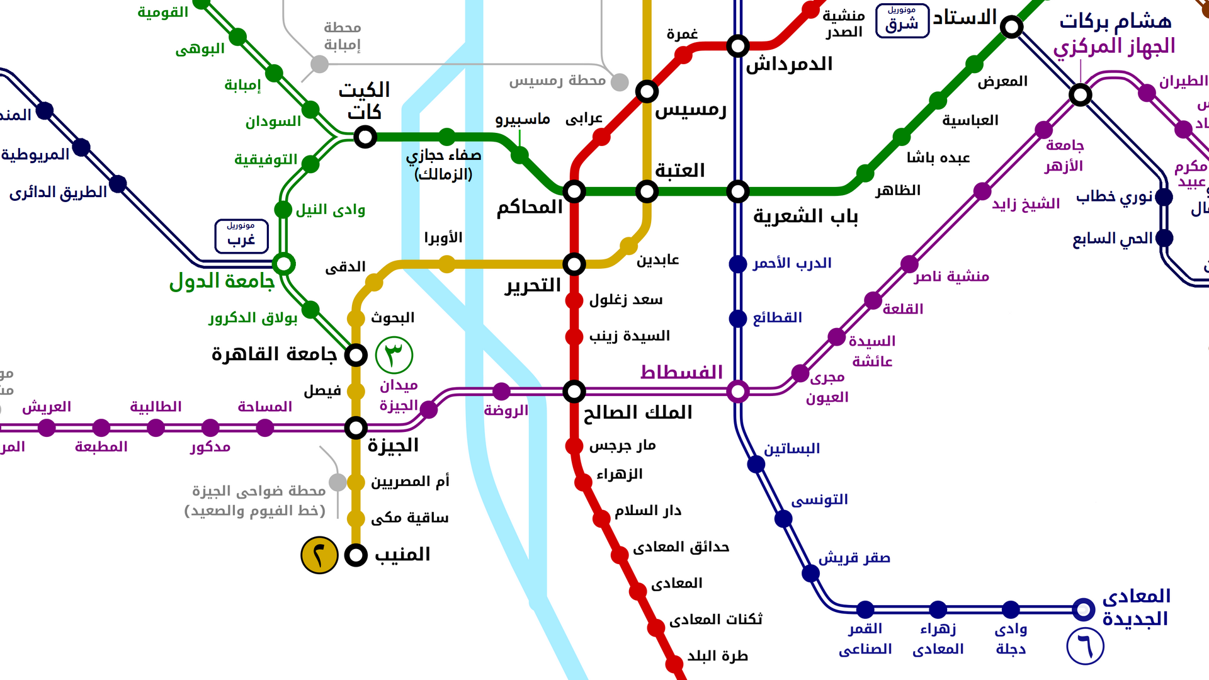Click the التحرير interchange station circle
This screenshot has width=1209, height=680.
pos(574,264)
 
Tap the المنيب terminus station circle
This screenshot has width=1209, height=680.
pos(356,555)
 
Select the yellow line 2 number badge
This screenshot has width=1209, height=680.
pos(319,555)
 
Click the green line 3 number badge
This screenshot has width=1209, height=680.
pos(394,354)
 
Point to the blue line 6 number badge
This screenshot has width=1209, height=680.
pos(1084,646)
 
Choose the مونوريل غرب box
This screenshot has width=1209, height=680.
pos(241,236)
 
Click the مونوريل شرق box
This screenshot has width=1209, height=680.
pos(902,21)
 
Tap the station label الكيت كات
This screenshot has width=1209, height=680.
pos(365,101)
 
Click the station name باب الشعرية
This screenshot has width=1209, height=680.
pos(805,217)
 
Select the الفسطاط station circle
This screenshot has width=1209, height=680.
pos(737,392)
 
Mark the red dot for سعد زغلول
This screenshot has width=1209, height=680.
pos(574,300)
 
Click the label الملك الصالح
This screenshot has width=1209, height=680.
pos(637,413)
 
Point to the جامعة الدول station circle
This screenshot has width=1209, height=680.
pos(283,264)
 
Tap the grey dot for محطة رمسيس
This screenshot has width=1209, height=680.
pos(620,82)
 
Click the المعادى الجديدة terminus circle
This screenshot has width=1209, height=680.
pos(1083,609)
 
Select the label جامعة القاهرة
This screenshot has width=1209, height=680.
pos(274,354)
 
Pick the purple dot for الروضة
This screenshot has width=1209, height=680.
pos(501,392)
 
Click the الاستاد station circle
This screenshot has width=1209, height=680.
pos(1011,27)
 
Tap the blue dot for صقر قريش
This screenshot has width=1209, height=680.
pos(810,573)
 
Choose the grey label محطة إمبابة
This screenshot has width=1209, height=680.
pos(342,36)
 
